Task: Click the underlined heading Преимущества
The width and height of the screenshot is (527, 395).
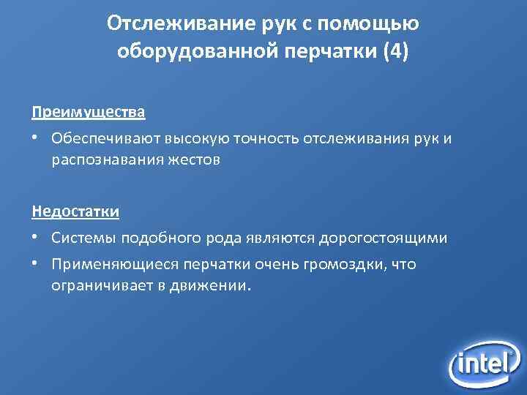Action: [x=89, y=113]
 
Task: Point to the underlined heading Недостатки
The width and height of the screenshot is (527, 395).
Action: [x=75, y=212]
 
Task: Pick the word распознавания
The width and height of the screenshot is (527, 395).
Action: [x=99, y=159]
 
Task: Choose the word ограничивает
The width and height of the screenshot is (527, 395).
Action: [x=98, y=285]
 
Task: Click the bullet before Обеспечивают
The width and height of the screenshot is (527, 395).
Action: [x=35, y=139]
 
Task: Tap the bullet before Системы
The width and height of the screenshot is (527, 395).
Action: [x=35, y=238]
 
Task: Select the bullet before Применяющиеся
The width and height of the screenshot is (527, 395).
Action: [x=35, y=264]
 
